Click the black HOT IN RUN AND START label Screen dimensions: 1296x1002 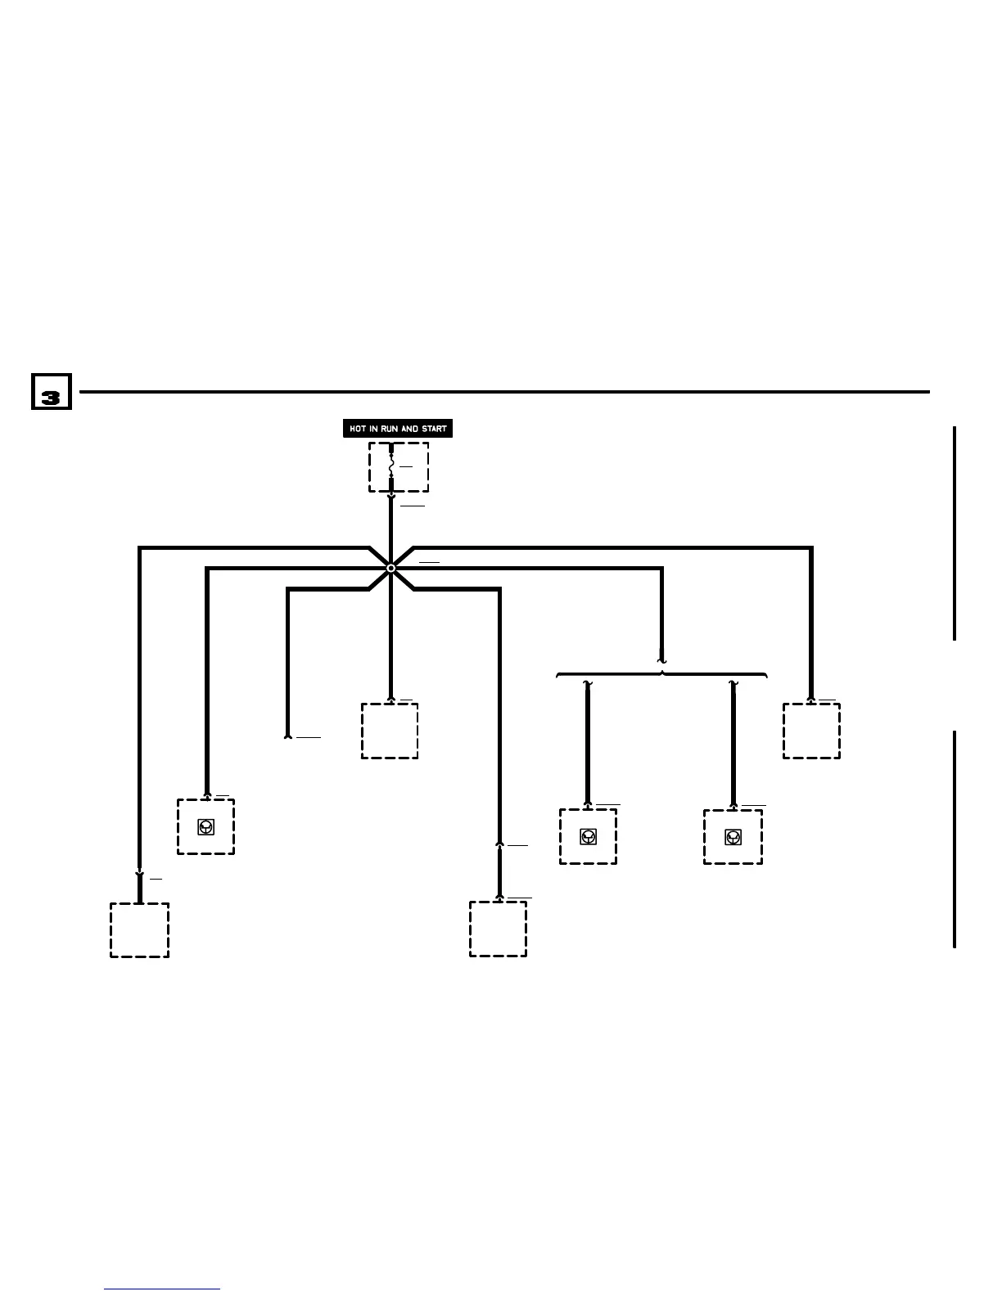tap(397, 428)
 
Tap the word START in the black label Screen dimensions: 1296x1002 tap(435, 428)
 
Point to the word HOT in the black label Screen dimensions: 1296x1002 tap(357, 428)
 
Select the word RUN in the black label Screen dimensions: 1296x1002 tap(389, 428)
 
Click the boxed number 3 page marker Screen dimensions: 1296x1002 tap(51, 392)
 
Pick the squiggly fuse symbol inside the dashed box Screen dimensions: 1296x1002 tap(390, 466)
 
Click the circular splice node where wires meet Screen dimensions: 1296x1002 tap(390, 567)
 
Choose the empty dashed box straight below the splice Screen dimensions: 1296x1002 tap(390, 731)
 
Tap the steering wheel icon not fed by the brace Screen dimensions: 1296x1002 tap(205, 826)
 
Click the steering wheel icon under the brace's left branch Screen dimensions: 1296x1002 tap(588, 836)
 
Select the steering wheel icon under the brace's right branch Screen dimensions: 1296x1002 tap(733, 836)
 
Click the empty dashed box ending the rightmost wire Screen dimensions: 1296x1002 tap(811, 731)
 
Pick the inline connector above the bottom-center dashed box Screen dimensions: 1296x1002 tap(499, 844)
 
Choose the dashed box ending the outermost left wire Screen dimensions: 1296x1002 tap(140, 930)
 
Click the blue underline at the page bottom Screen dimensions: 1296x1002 tap(162, 1289)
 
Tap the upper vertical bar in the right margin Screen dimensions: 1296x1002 tap(955, 533)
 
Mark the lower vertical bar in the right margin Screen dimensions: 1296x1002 tap(955, 839)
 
